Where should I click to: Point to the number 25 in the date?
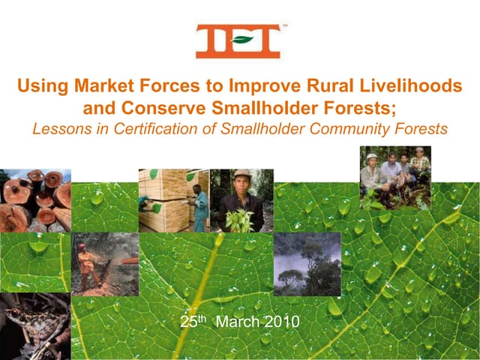pos(188,322)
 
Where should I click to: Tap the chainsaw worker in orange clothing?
pos(89,262)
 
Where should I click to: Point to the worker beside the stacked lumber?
pos(199,206)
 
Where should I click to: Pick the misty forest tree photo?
pos(307,262)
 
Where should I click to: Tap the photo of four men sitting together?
pos(394,177)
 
